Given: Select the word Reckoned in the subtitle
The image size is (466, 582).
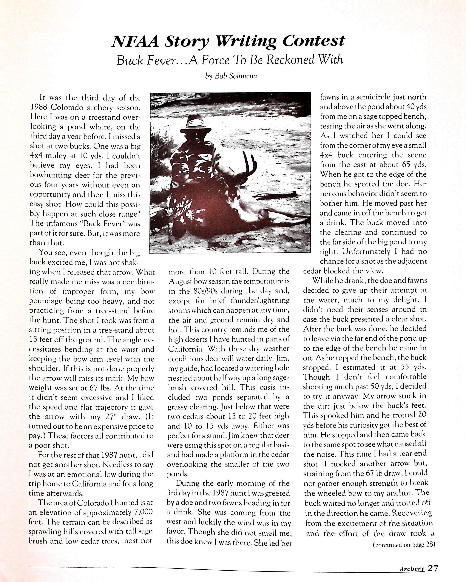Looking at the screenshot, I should click(290, 60).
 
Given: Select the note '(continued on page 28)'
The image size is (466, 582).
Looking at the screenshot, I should click(404, 545).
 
